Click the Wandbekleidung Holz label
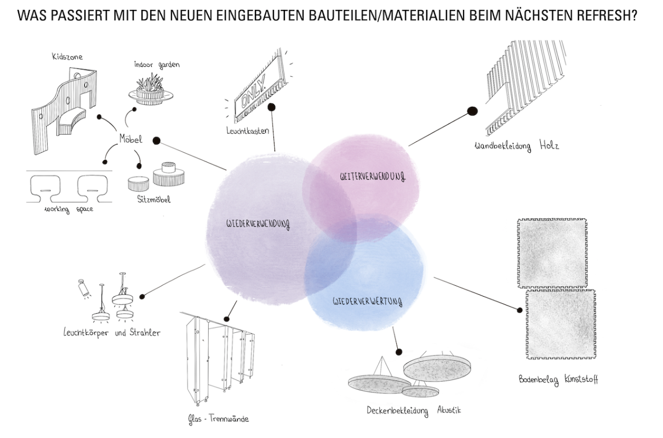517,146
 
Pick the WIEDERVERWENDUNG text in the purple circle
258,224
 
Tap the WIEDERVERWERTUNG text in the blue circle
367,301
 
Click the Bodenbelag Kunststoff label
558,379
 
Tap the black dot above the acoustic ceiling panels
399,352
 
